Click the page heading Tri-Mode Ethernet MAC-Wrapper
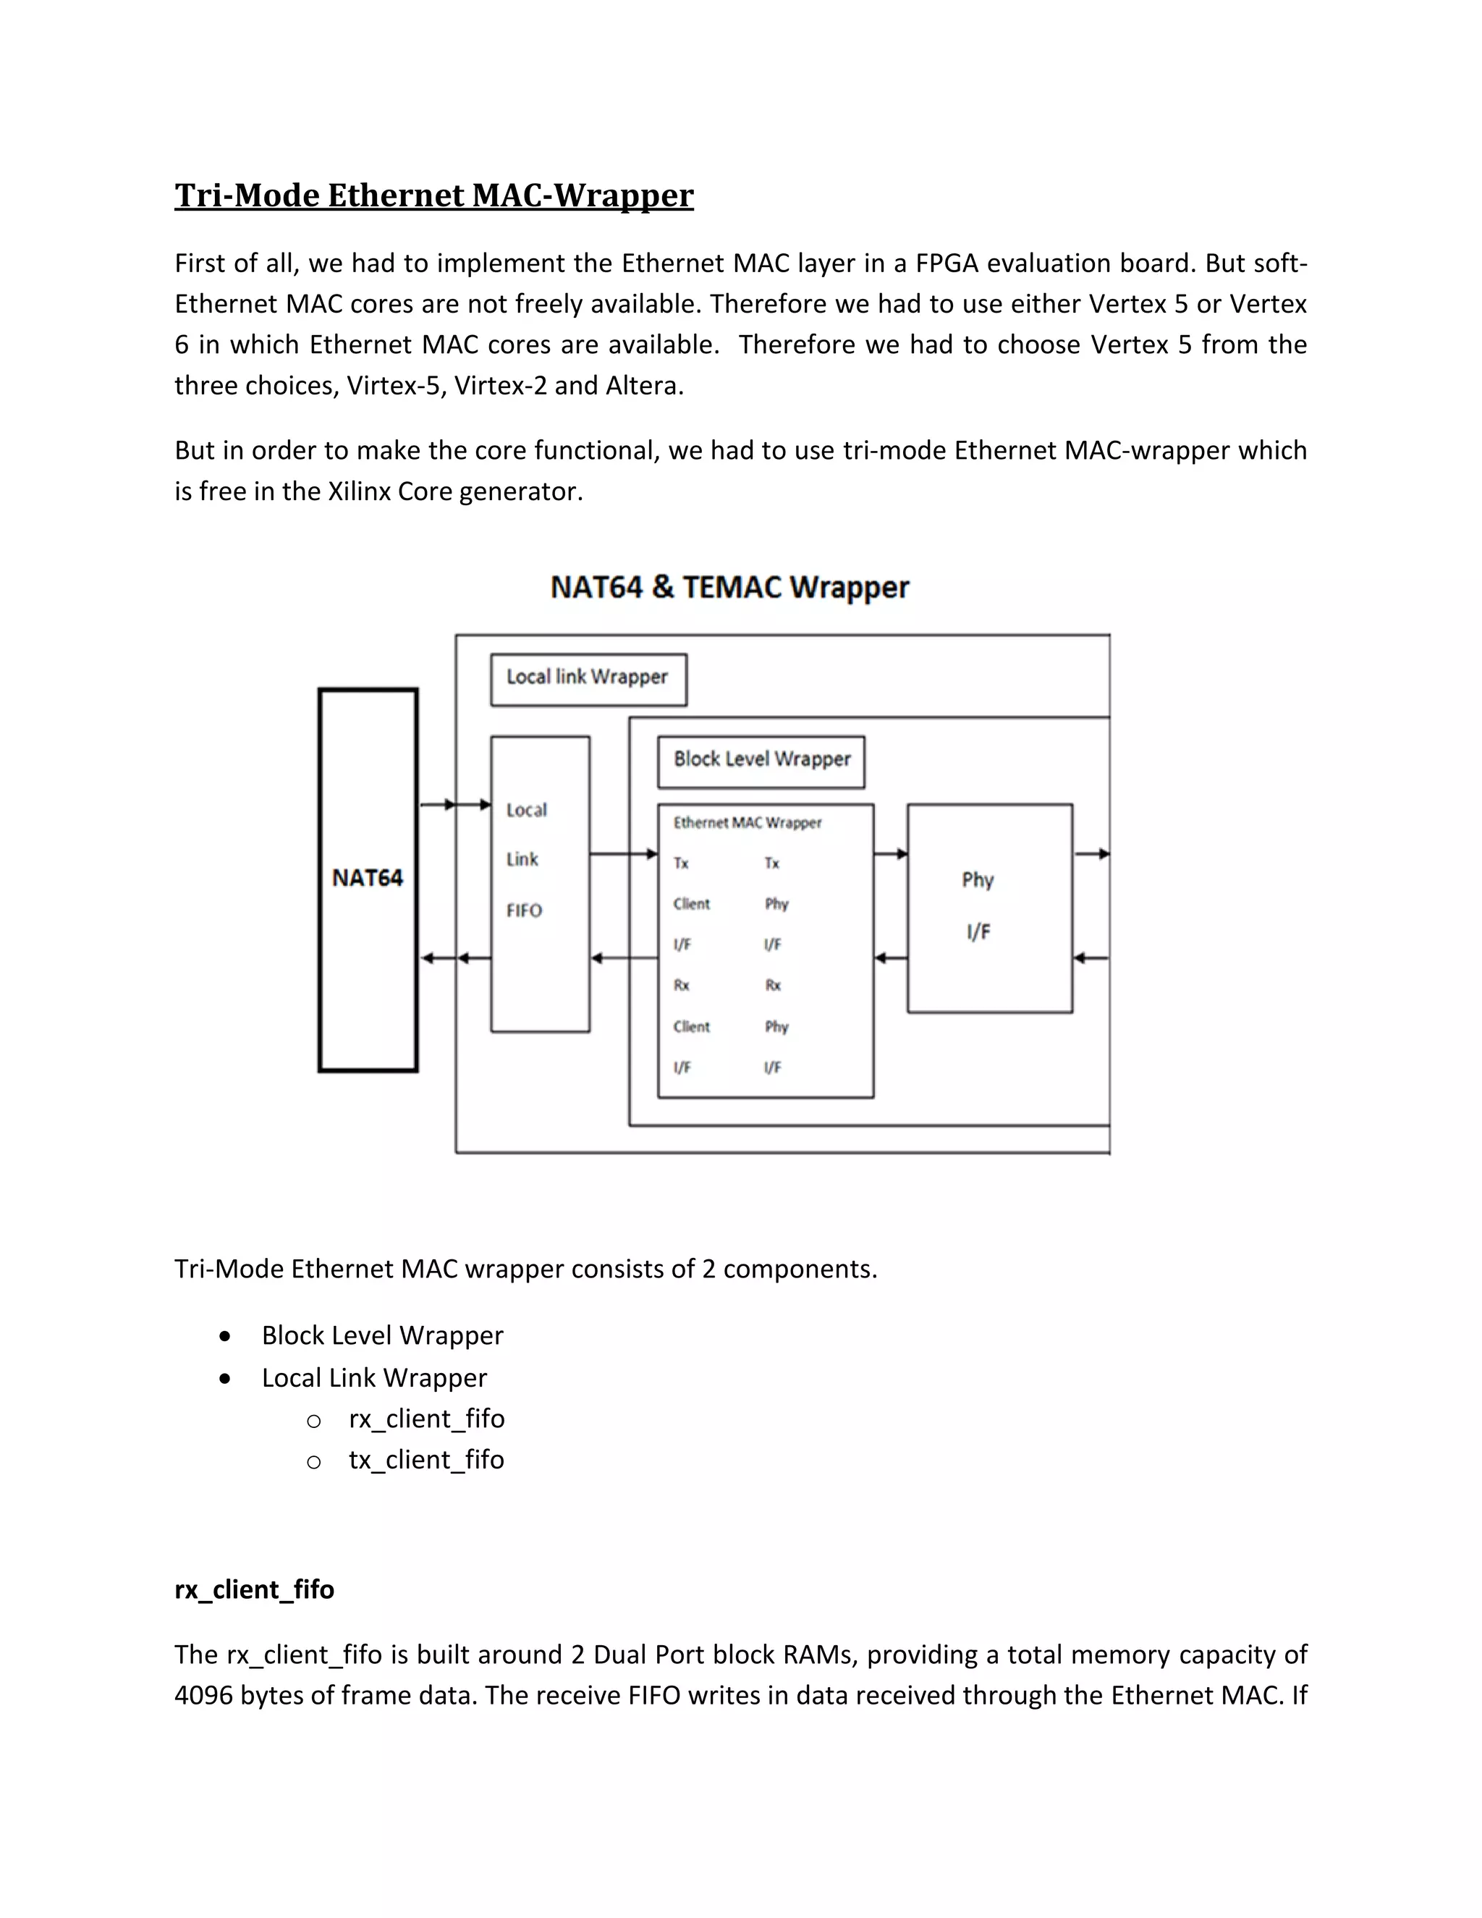point(433,195)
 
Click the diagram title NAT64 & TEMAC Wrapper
point(729,587)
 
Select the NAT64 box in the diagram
point(368,879)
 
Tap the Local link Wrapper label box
point(588,679)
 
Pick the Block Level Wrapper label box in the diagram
point(761,761)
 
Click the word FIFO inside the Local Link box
point(524,911)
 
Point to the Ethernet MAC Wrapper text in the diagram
point(747,823)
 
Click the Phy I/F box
point(989,907)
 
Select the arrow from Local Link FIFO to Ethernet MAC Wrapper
point(623,853)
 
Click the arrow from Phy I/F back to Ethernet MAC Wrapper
point(890,958)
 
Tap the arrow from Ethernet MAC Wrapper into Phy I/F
point(890,853)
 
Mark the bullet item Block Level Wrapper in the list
point(382,1336)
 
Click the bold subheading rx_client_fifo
point(254,1589)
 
